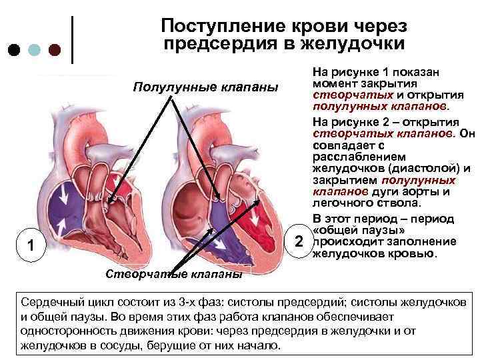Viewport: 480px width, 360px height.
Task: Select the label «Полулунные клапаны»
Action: tap(205, 88)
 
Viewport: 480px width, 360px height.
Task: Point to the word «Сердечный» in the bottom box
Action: tap(50, 302)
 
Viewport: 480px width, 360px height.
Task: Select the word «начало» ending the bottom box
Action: tap(262, 346)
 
